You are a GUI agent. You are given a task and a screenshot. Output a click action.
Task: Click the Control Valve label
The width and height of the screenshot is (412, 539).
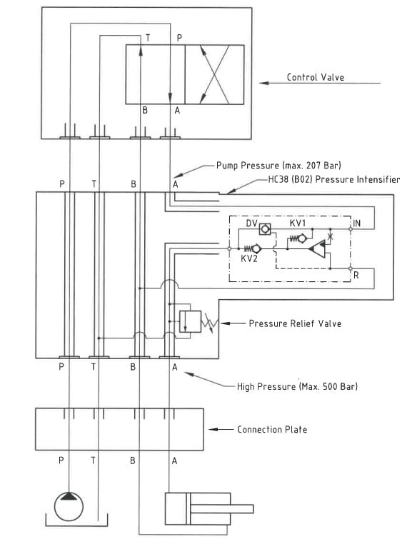pos(316,77)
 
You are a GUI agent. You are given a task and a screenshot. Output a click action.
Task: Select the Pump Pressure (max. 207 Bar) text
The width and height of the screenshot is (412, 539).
pos(278,166)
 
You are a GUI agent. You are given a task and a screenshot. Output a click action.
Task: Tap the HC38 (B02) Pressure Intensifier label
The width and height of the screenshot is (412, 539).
pos(334,179)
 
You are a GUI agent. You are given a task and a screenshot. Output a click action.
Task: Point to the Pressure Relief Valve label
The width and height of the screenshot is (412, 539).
pos(295,323)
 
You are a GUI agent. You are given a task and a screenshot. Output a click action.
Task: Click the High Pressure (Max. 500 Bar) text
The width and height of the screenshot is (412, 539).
pos(297,386)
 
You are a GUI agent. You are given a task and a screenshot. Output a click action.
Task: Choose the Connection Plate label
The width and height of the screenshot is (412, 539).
pos(272,429)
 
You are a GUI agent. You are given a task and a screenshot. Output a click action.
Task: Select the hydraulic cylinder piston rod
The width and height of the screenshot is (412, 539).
pos(222,509)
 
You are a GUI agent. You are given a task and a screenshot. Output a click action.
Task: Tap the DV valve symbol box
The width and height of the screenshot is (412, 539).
pos(265,229)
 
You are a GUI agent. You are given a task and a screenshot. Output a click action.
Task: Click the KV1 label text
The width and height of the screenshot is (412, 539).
pos(298,223)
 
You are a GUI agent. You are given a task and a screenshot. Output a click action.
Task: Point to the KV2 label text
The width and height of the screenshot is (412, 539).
pos(249,258)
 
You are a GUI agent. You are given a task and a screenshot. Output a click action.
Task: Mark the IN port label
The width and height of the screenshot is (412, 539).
pos(356,223)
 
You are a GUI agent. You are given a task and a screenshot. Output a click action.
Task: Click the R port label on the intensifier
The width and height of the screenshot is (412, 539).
pos(356,275)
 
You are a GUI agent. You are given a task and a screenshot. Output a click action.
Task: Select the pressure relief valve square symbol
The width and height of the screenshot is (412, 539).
pos(190,321)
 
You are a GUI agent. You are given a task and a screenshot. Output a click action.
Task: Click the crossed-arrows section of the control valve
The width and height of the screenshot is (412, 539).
pos(215,74)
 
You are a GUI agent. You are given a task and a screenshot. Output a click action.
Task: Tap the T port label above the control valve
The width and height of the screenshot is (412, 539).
pos(148,38)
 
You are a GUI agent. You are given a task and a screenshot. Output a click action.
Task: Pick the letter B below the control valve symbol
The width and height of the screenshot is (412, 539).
pos(145,111)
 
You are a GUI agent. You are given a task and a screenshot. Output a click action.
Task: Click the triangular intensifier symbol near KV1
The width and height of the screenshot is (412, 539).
pos(317,248)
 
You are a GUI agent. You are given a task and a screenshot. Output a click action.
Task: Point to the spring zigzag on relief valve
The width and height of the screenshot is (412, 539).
pos(210,323)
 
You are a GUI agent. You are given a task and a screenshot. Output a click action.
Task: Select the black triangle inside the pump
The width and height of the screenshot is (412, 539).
pos(69,496)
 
